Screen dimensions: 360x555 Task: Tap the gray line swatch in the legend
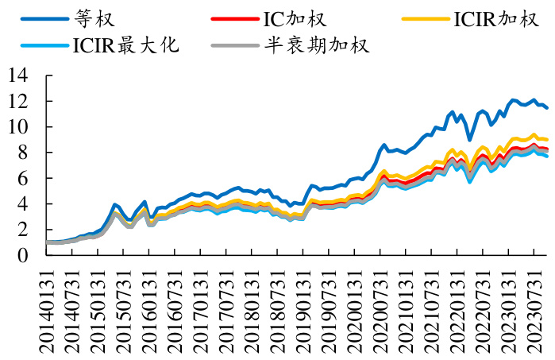point(233,44)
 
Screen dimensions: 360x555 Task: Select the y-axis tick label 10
point(19,127)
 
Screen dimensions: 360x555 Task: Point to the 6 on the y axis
point(24,179)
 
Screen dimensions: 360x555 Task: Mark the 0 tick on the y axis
point(24,256)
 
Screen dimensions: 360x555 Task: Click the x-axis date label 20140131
point(49,306)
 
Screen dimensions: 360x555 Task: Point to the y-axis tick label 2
point(24,230)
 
